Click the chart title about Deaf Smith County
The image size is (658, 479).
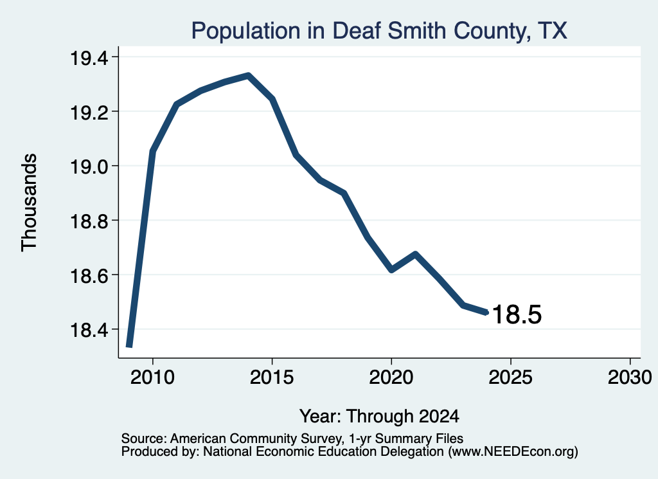pos(379,31)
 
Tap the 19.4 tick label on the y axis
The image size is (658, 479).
pos(89,58)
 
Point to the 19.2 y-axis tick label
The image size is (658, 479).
pos(89,112)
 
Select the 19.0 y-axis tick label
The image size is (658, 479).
pos(89,167)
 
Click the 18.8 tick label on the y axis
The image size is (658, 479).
pos(89,221)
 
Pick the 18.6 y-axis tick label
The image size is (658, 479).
pos(89,275)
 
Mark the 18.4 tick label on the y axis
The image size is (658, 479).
pos(89,330)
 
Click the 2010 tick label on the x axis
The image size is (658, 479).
pos(152,377)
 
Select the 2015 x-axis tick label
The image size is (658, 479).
pos(272,377)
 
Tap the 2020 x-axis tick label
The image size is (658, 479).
pos(391,377)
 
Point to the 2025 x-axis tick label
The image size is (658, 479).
pos(510,377)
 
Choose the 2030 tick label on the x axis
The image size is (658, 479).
pos(630,377)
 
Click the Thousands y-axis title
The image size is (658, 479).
pos(29,203)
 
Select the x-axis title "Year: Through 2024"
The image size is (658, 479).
pos(379,417)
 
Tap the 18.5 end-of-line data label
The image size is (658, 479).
pos(517,314)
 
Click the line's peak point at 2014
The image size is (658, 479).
pos(249,76)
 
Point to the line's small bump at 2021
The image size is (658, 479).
pos(415,253)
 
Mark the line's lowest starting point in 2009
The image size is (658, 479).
pos(129,345)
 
